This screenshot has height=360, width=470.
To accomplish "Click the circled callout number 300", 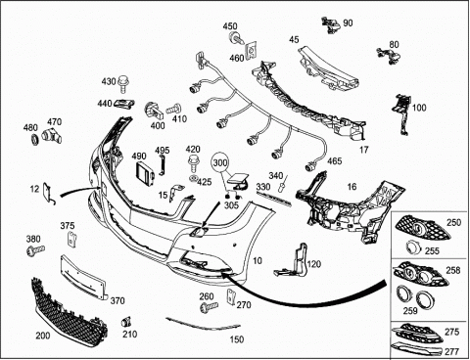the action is (221, 162).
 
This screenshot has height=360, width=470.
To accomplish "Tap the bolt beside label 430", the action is (123, 84).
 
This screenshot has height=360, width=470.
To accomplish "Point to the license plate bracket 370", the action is (83, 277).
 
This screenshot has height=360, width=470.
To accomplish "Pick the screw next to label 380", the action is (35, 250).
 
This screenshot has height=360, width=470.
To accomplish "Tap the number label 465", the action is (334, 161).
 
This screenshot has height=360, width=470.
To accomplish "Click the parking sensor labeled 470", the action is (52, 136).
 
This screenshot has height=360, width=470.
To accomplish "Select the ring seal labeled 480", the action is (34, 139).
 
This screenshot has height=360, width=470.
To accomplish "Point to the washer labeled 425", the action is (194, 178).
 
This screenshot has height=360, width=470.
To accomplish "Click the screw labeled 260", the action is (209, 307).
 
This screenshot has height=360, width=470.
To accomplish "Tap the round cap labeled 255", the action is (412, 247).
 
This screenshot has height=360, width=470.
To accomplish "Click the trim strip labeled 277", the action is (417, 348).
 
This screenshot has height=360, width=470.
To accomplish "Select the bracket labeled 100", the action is (402, 113).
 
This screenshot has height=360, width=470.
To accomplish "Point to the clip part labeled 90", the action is (331, 24).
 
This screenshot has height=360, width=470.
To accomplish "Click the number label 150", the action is (237, 339).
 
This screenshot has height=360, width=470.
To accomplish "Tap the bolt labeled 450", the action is (236, 38).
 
